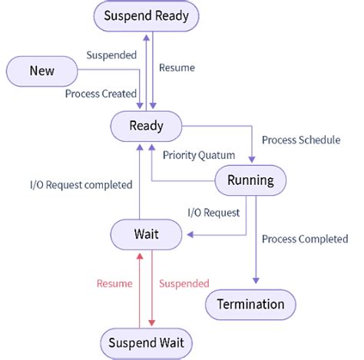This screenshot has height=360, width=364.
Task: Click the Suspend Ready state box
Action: click(x=145, y=15)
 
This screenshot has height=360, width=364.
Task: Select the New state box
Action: click(x=42, y=71)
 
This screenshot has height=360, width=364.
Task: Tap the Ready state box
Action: click(x=146, y=126)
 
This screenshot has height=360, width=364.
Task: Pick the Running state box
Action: click(x=250, y=180)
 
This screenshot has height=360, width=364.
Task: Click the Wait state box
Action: click(x=146, y=234)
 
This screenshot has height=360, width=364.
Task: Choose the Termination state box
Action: click(x=250, y=304)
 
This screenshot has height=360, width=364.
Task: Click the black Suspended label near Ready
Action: click(x=111, y=55)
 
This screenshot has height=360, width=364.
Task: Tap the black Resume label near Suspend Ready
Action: click(x=177, y=68)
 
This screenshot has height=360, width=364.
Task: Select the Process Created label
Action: click(x=100, y=93)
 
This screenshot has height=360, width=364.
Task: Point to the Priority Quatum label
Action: click(x=199, y=154)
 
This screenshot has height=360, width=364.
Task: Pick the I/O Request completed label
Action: click(x=80, y=184)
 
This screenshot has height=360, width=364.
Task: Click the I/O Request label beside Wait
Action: click(x=213, y=212)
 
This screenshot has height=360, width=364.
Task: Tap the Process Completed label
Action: click(x=305, y=239)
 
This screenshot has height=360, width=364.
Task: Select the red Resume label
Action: click(x=114, y=283)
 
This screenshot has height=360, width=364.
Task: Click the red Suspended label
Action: click(x=185, y=283)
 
